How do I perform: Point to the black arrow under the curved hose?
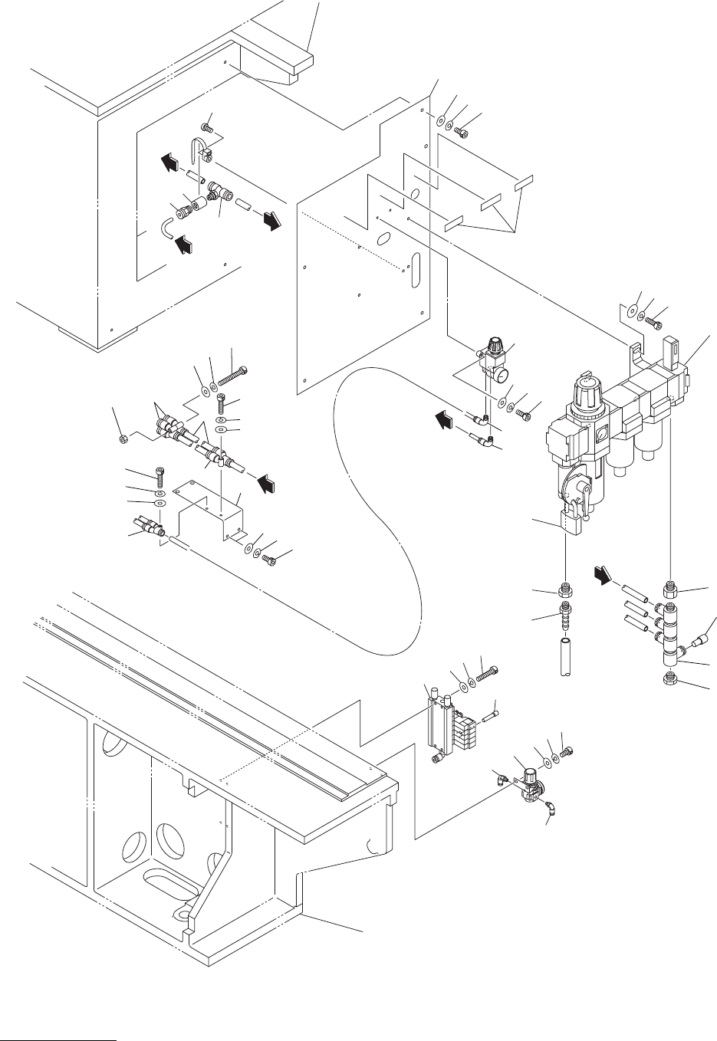tap(185, 245)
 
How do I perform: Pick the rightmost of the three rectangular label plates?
tap(523, 183)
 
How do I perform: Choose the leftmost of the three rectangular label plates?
tap(454, 224)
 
